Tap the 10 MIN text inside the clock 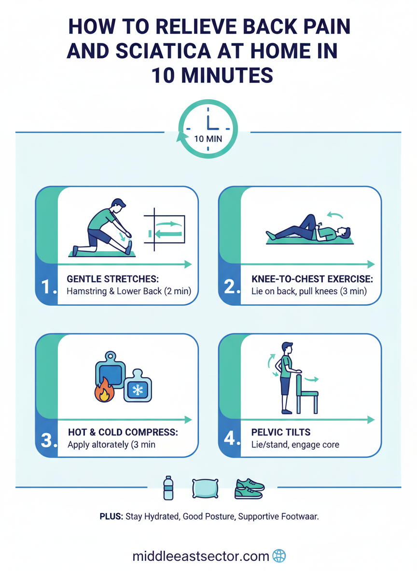pyautogui.click(x=208, y=139)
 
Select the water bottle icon pyautogui.click(x=168, y=488)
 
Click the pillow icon pyautogui.click(x=205, y=488)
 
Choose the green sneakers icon pyautogui.click(x=250, y=489)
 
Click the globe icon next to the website pyautogui.click(x=279, y=556)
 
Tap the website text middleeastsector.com pyautogui.click(x=201, y=557)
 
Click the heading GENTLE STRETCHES pyautogui.click(x=112, y=279)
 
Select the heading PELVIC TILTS pyautogui.click(x=281, y=432)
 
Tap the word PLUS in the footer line pyautogui.click(x=111, y=517)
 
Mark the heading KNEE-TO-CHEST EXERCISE pyautogui.click(x=312, y=279)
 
